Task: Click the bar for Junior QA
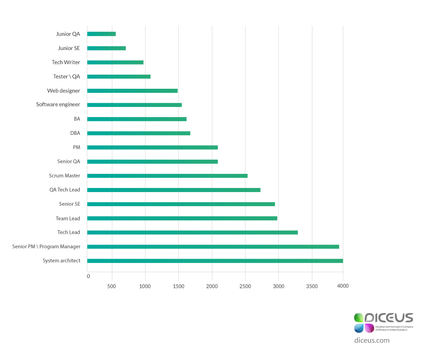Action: [x=101, y=34]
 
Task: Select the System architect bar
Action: [x=215, y=261]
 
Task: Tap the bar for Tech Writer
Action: [x=115, y=62]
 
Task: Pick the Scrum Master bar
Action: [x=167, y=176]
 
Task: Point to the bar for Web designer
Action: [x=132, y=91]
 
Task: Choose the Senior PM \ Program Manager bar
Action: [x=213, y=247]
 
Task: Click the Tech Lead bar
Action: [x=192, y=233]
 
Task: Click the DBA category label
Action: [x=75, y=133]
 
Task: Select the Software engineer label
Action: [x=58, y=105]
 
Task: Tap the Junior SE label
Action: [x=69, y=48]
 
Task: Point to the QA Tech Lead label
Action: [x=65, y=190]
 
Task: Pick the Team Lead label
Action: [x=68, y=218]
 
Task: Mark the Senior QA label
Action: [x=69, y=162]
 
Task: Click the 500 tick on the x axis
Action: [x=111, y=286]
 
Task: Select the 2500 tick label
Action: [x=245, y=286]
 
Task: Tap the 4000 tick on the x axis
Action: [x=342, y=286]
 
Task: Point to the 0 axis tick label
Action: [x=88, y=276]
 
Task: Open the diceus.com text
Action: [x=372, y=340]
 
